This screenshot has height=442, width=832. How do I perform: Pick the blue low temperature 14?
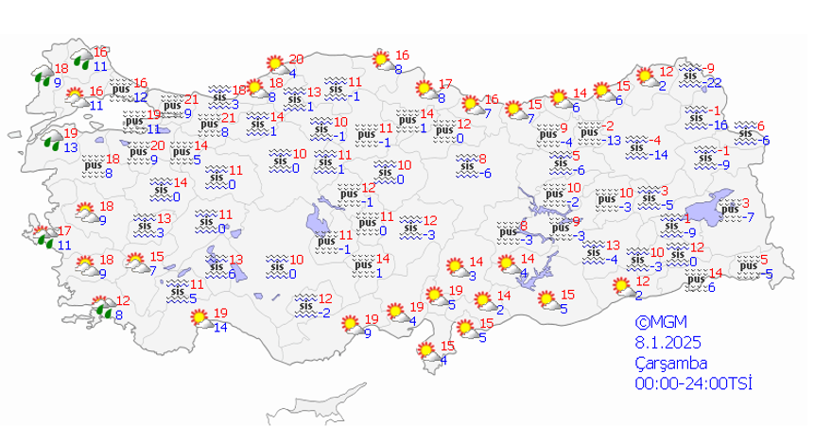click(x=220, y=328)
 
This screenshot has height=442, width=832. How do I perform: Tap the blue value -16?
click(x=719, y=126)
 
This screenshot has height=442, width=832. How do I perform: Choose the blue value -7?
click(x=747, y=218)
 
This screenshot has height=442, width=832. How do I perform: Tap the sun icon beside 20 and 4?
click(x=275, y=64)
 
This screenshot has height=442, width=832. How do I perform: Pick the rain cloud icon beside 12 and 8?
click(x=101, y=307)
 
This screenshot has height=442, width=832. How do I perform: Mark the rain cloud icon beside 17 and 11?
click(x=43, y=237)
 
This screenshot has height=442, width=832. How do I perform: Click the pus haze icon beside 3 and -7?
click(x=729, y=209)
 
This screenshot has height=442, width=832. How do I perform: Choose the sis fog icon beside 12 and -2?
click(x=304, y=304)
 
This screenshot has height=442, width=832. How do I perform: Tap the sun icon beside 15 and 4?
click(x=428, y=350)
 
